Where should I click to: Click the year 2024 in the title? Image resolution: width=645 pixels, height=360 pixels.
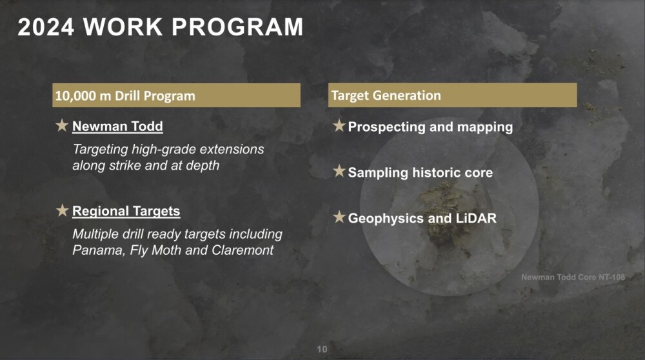click(46, 27)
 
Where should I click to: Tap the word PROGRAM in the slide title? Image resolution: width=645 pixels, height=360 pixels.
click(237, 27)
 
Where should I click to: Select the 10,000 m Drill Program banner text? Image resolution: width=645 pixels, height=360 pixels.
click(125, 96)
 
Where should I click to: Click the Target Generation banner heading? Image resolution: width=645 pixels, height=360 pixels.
click(386, 95)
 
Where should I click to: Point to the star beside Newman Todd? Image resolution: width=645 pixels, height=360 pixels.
click(62, 125)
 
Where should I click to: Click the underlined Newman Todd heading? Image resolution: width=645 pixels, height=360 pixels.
click(117, 126)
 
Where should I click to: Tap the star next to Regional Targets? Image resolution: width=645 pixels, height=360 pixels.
click(62, 210)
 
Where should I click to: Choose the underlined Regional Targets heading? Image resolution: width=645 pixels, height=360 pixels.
click(126, 211)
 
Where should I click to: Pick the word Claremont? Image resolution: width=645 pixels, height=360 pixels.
click(243, 250)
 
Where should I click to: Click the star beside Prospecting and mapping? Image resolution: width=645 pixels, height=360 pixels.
click(339, 126)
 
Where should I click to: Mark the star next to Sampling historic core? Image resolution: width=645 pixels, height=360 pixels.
click(339, 171)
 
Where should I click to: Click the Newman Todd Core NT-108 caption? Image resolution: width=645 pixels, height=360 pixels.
click(573, 277)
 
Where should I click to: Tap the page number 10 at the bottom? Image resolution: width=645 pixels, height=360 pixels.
click(322, 349)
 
